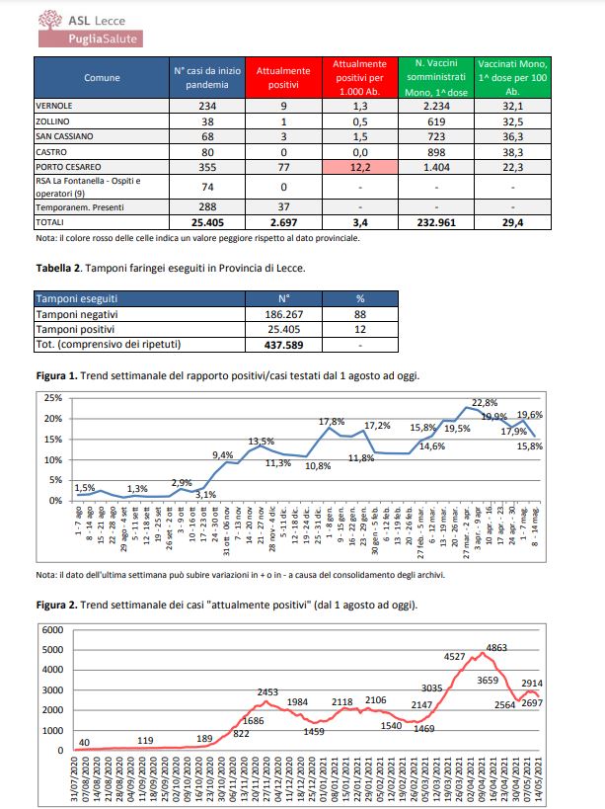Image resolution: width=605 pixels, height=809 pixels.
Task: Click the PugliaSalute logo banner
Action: point(90,39)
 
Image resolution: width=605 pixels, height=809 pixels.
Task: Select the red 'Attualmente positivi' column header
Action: point(283,77)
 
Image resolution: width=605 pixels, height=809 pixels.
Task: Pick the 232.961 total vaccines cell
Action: point(435,223)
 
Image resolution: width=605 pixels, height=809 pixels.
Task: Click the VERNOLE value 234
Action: point(207,104)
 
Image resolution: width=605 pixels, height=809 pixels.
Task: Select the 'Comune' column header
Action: point(102,77)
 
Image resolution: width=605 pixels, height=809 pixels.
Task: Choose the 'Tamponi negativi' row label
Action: point(75,313)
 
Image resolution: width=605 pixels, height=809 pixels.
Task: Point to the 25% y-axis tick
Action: point(51,397)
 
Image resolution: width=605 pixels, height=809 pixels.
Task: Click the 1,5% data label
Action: point(85,488)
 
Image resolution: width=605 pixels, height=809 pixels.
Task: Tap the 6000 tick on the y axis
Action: point(51,629)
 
